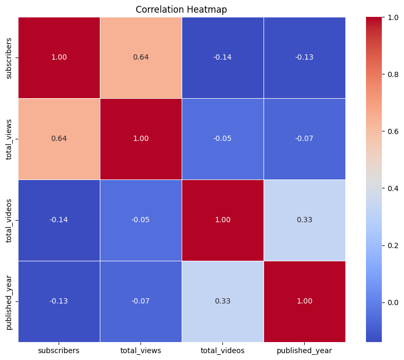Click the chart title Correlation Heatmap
[181, 10]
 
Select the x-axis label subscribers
[59, 350]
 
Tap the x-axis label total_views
[140, 350]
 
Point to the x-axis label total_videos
[222, 350]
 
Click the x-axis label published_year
[304, 350]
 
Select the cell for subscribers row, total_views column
[140, 58]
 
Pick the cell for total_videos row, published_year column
[304, 220]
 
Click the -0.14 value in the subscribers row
[222, 58]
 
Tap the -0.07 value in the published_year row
[140, 301]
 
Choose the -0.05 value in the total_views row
[222, 139]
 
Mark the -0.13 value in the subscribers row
[304, 58]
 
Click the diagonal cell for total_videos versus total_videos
[222, 220]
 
